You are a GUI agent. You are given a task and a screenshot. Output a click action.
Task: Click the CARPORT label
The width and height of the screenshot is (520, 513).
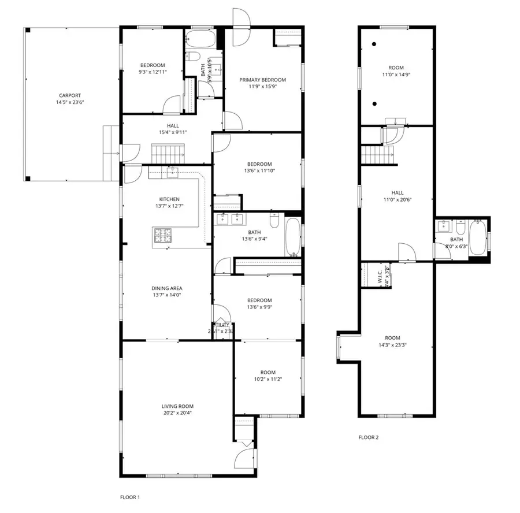[x=69, y=96]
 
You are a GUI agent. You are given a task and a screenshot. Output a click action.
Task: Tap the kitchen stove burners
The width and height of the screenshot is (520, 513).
[x=163, y=235]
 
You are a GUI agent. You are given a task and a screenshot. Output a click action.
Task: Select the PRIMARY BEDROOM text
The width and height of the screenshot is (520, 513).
[x=263, y=80]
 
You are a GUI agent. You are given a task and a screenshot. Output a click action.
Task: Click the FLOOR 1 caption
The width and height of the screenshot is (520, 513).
[x=130, y=497]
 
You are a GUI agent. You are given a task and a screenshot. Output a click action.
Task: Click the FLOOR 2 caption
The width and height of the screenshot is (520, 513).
[x=369, y=437]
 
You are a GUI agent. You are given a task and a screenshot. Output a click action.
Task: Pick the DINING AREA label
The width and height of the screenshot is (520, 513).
[x=167, y=288]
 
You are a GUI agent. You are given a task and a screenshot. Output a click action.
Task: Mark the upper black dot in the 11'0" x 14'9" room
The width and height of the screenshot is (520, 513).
[x=375, y=44]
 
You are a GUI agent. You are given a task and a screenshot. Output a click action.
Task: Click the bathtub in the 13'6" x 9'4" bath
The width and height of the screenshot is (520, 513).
[x=293, y=236]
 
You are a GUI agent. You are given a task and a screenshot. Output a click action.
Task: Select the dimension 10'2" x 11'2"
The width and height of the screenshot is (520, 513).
[x=268, y=379]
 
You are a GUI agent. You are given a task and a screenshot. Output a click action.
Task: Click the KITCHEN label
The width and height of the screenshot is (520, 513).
[x=169, y=199]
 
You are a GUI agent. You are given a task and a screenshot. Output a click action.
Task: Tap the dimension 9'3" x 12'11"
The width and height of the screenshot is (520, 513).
[x=153, y=72]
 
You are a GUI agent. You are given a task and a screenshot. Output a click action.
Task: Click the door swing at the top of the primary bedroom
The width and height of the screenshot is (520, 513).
[x=240, y=24]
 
